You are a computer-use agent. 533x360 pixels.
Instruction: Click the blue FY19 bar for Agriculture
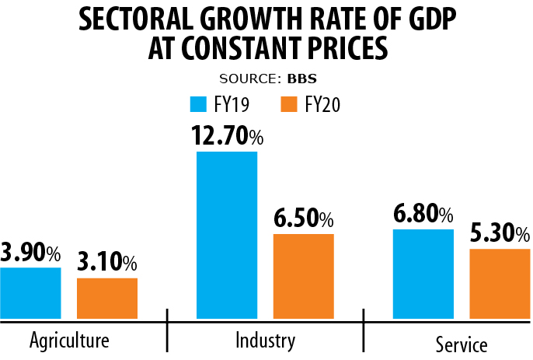pyautogui.click(x=30, y=293)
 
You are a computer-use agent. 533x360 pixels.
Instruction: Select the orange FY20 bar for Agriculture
pyautogui.click(x=107, y=298)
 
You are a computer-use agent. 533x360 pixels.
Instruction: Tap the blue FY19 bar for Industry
pyautogui.click(x=227, y=235)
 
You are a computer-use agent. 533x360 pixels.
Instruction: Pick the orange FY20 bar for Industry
pyautogui.click(x=304, y=276)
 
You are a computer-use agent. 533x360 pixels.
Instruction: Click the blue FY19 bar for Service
pyautogui.click(x=423, y=274)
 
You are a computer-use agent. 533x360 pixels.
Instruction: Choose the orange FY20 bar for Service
pyautogui.click(x=500, y=284)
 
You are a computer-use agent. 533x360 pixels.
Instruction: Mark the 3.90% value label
pyautogui.click(x=30, y=253)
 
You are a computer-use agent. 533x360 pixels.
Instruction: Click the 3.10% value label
pyautogui.click(x=107, y=263)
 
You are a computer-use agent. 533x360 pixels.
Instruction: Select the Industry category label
pyautogui.click(x=265, y=341)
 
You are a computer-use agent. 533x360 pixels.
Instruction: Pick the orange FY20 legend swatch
pyautogui.click(x=291, y=104)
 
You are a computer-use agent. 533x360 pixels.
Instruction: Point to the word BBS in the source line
pyautogui.click(x=303, y=79)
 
